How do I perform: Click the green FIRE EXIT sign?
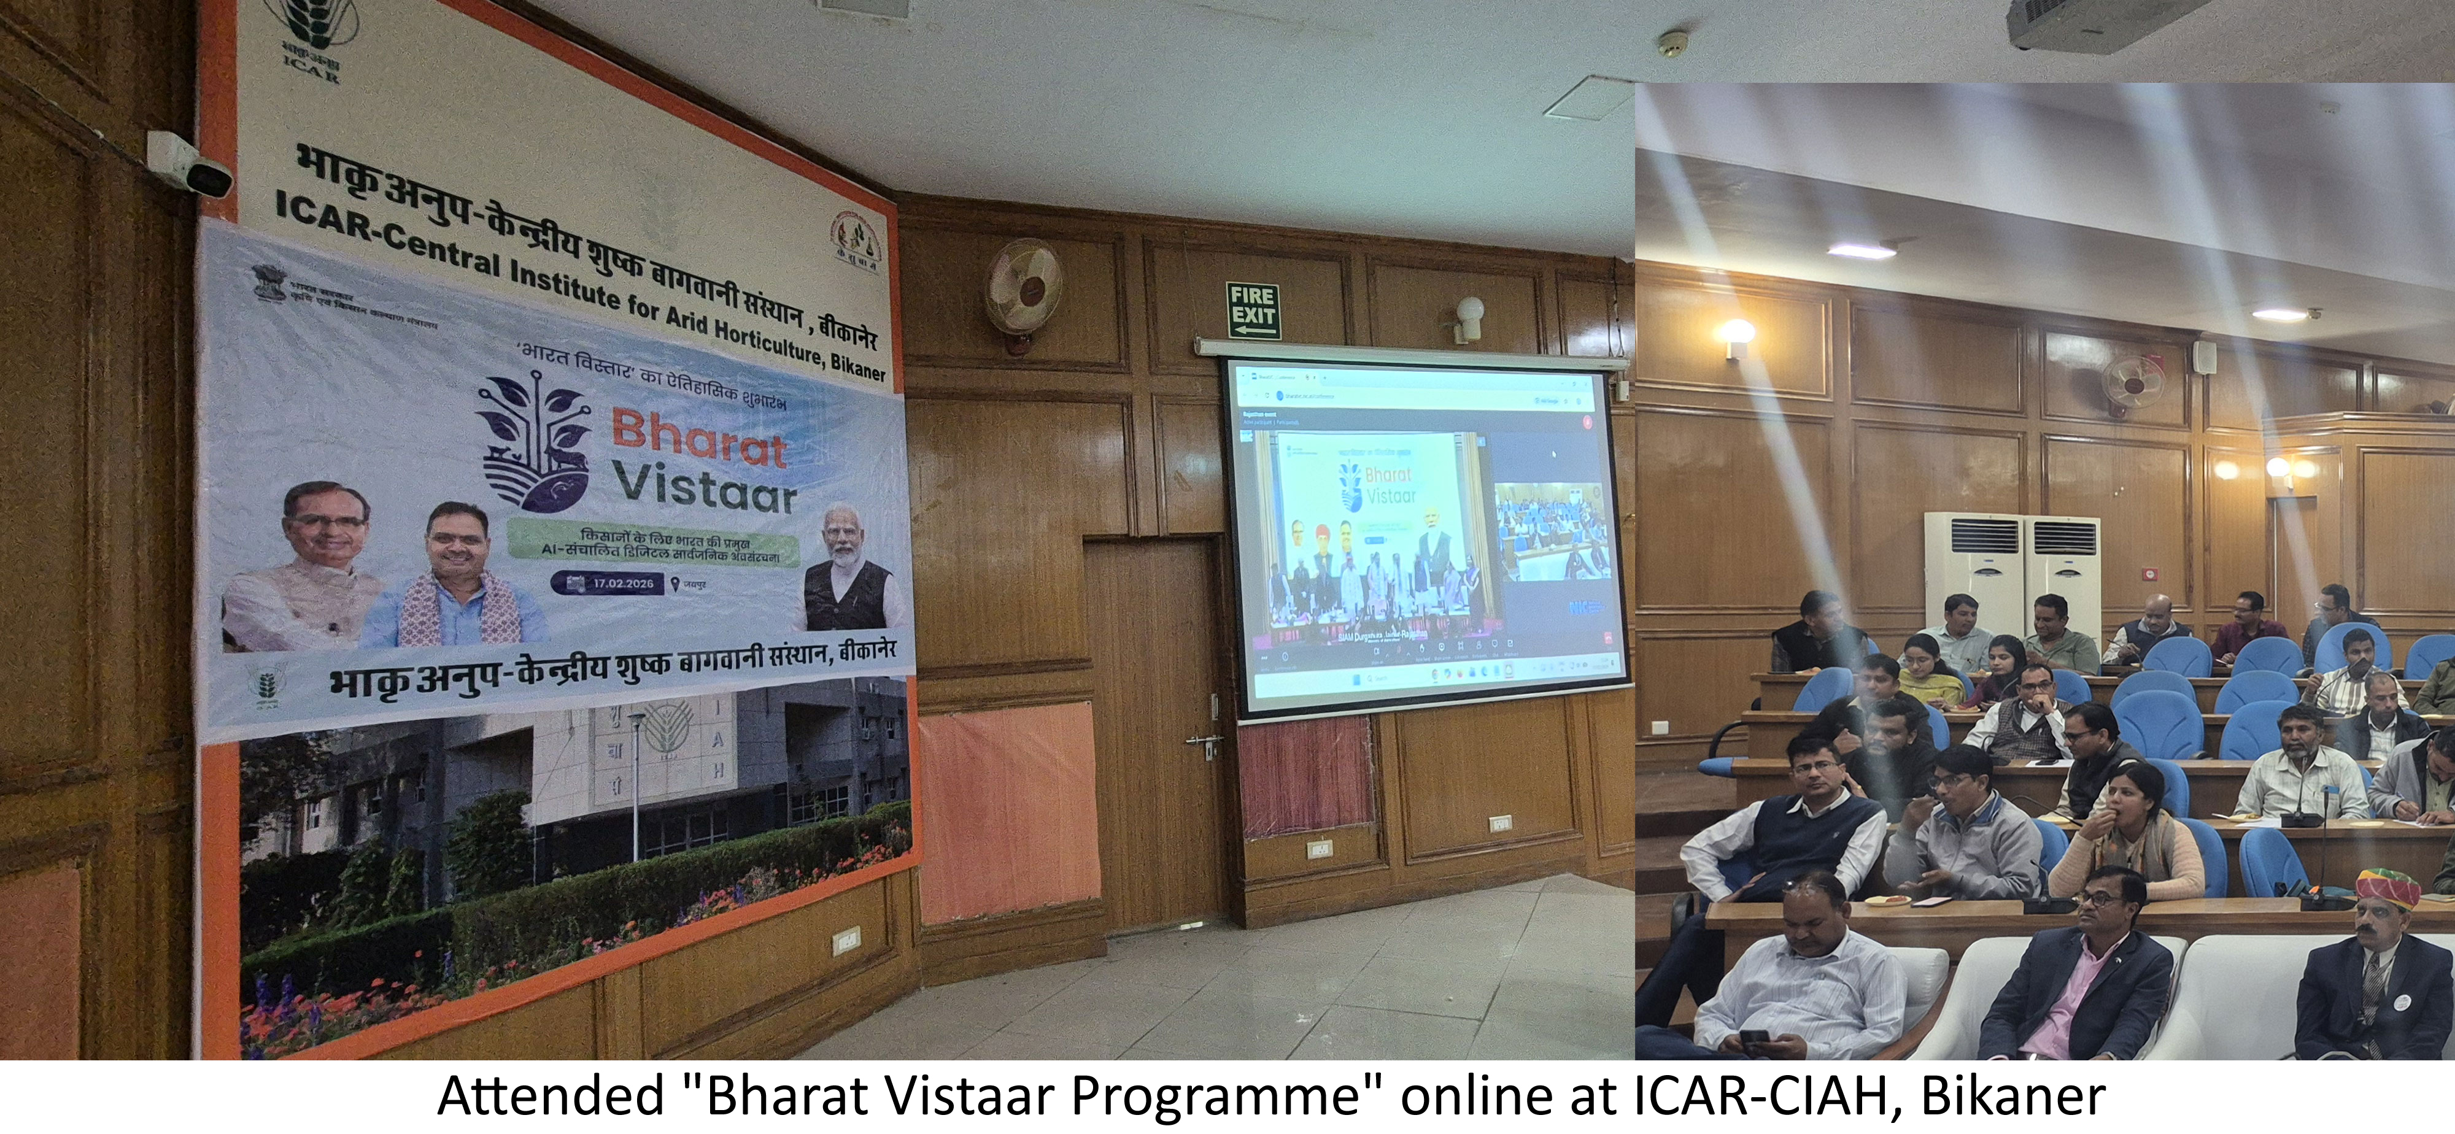[1252, 310]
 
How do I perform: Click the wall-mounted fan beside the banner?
[1024, 282]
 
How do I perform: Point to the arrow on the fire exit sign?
[1251, 330]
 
